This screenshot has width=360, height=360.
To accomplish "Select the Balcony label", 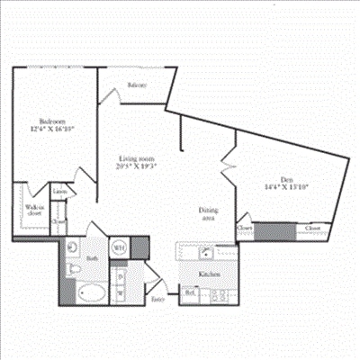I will pos(138,85).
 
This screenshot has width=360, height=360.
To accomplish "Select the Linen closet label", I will pos(59,192).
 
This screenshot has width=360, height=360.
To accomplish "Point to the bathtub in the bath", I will pos(90,292).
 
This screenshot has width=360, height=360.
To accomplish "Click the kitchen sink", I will pos(207,252).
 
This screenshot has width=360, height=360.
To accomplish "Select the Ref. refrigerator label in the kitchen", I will pos(191,293).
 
